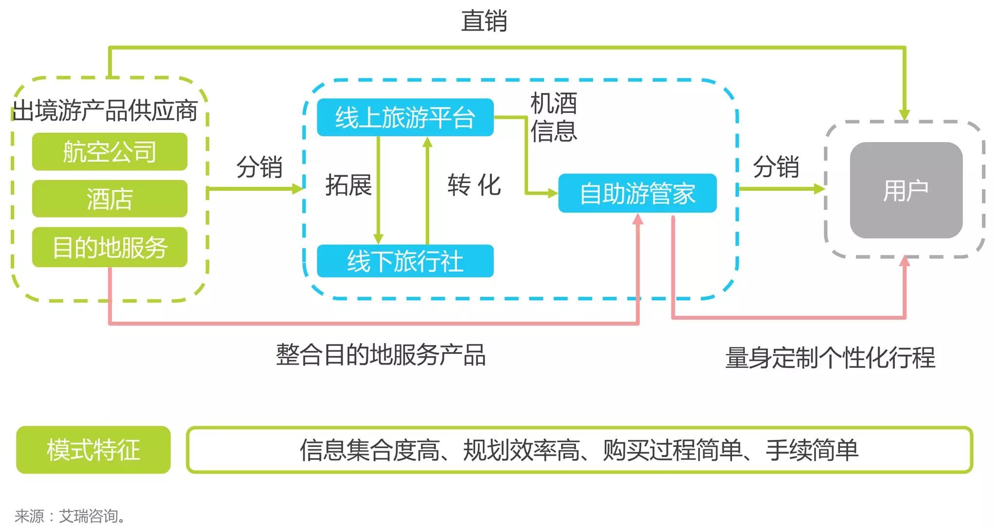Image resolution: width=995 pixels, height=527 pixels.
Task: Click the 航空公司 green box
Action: click(109, 152)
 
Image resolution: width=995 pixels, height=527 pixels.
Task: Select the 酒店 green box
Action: click(109, 199)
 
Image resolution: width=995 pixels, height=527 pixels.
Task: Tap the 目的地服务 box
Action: click(109, 247)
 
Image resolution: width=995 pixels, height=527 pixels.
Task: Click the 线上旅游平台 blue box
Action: click(405, 118)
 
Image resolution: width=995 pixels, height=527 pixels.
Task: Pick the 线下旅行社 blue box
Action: click(405, 261)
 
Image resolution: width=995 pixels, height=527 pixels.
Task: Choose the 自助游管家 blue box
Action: click(637, 193)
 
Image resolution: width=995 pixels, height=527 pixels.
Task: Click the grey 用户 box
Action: click(906, 190)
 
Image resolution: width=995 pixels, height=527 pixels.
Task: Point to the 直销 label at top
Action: click(484, 21)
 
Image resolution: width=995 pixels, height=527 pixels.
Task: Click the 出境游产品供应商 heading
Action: click(105, 110)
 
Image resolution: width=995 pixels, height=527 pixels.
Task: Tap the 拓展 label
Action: click(348, 185)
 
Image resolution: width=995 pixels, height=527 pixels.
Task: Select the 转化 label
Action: click(474, 185)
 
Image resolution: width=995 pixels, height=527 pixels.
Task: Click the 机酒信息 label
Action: click(553, 117)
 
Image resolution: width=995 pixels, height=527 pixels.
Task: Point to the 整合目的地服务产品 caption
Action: click(381, 355)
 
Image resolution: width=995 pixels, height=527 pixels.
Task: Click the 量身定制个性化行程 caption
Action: click(830, 358)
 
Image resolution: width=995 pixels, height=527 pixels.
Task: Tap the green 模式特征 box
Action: click(93, 450)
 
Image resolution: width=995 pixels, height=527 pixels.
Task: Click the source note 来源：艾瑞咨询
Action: click(70, 516)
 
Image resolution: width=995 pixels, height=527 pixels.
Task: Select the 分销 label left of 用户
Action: click(775, 167)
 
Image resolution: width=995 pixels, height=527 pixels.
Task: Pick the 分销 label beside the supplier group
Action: click(259, 167)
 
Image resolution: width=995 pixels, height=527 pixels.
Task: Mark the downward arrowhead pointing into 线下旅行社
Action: click(378, 239)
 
